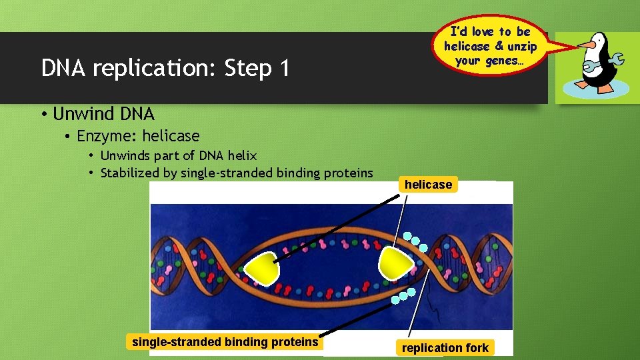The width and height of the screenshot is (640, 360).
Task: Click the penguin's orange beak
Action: [x=585, y=45]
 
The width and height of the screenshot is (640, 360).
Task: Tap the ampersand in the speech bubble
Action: [x=499, y=46]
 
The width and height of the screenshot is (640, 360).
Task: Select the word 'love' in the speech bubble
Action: [x=483, y=31]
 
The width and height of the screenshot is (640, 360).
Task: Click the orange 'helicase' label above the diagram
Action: [x=428, y=185]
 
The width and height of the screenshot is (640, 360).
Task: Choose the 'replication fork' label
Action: [x=445, y=347]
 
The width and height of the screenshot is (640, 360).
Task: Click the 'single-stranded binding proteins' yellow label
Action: [x=225, y=342]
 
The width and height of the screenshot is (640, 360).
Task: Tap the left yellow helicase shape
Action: [x=261, y=266]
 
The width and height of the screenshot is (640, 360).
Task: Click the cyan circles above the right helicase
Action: [x=417, y=238]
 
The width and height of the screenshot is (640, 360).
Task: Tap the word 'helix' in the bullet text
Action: [x=242, y=155]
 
